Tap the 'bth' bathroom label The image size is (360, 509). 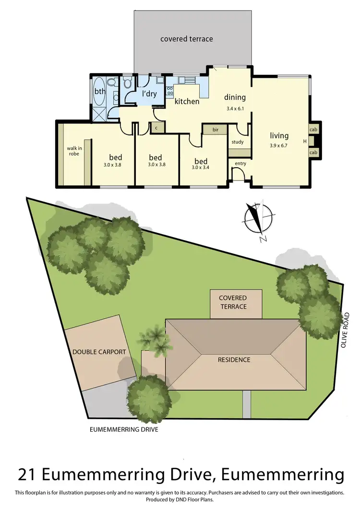[99, 91]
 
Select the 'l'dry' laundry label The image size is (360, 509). [149, 94]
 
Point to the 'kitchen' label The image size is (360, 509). [187, 101]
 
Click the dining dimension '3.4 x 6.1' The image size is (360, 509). [235, 109]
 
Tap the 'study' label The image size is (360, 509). [238, 142]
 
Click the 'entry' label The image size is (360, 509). [240, 164]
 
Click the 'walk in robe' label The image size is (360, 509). [74, 151]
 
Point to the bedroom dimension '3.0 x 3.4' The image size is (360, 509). [201, 168]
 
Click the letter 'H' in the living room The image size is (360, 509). [304, 141]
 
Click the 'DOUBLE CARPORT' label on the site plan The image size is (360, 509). [99, 352]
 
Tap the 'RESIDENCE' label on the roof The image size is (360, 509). [234, 359]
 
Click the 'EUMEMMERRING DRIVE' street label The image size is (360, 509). [124, 430]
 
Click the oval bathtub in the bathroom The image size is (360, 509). [99, 91]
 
